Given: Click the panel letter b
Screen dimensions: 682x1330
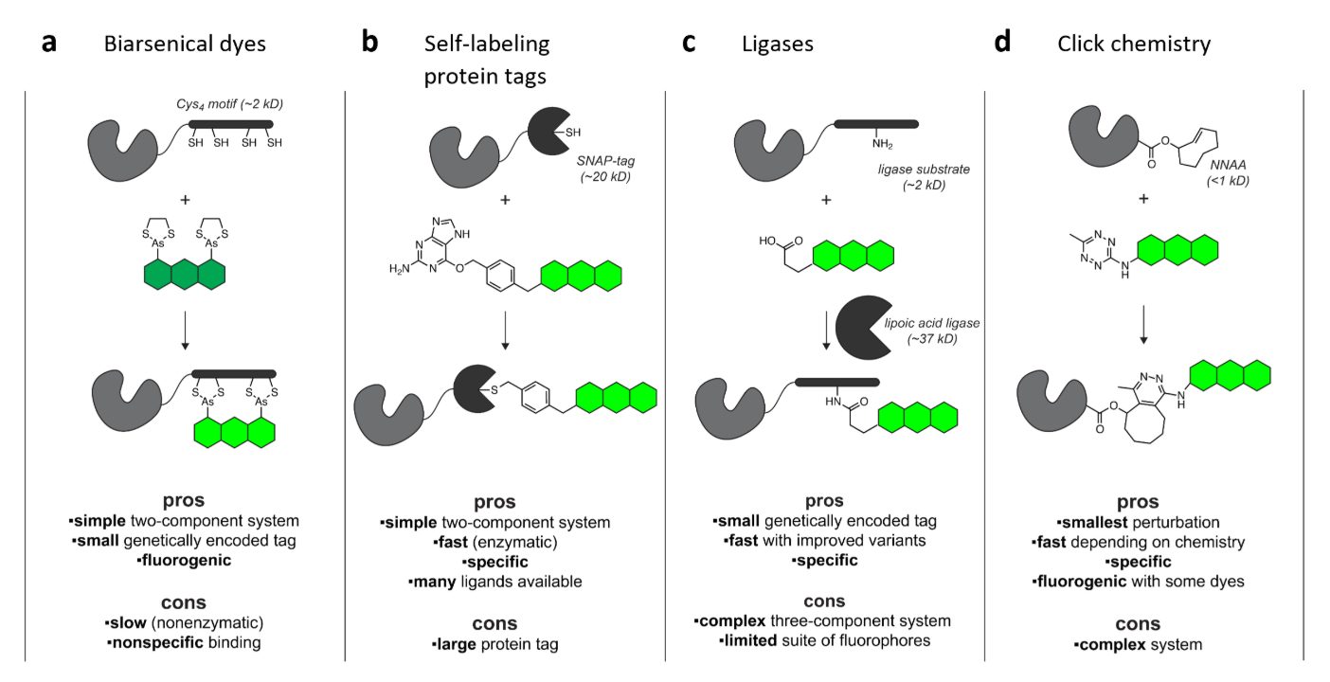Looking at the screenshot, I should (x=371, y=44).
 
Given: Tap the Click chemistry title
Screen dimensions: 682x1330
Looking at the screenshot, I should (x=1134, y=44).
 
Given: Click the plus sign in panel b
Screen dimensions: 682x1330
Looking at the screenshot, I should (x=504, y=200).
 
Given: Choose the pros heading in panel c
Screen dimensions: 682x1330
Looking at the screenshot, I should (x=824, y=501).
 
